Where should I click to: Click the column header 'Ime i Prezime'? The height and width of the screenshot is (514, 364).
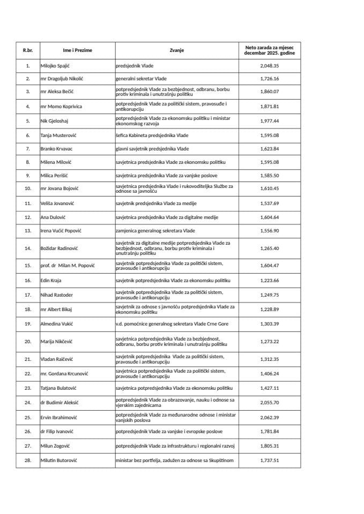click(77, 50)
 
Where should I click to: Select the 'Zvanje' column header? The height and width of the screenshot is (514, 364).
click(177, 50)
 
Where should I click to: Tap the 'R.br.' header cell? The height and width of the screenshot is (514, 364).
click(28, 50)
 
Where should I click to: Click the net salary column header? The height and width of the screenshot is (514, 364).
click(270, 50)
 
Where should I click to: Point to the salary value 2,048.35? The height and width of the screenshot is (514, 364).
click(270, 65)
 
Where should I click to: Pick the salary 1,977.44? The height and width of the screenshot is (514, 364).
click(270, 120)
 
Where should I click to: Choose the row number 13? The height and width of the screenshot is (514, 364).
click(28, 231)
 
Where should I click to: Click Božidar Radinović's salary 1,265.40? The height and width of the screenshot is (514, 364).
click(270, 248)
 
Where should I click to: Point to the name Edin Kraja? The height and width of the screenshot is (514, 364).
click(52, 280)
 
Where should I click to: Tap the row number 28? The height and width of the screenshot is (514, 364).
click(28, 459)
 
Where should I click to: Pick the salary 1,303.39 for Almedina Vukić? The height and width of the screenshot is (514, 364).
click(270, 324)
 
